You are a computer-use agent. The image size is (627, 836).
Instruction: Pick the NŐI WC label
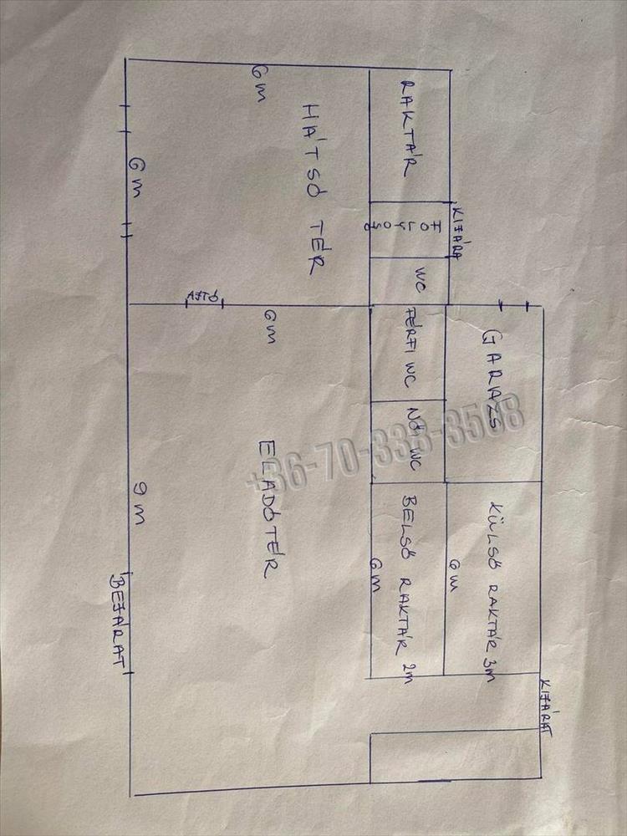pos(411,440)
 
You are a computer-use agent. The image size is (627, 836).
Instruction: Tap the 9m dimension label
pos(138,505)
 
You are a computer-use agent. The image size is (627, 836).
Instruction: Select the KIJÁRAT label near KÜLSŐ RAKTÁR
pos(547,708)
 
